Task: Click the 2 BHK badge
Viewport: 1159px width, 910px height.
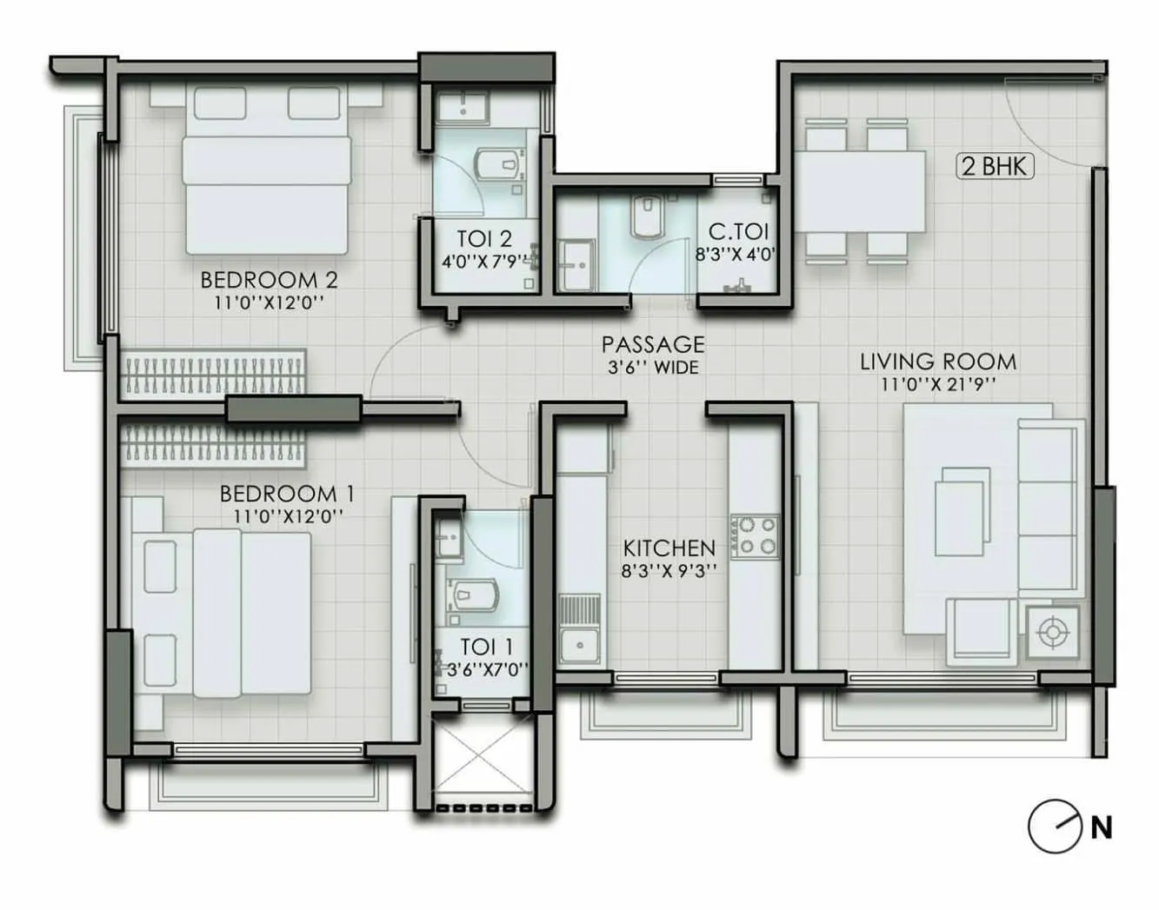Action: pyautogui.click(x=996, y=165)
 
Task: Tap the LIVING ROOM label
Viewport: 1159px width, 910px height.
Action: pyautogui.click(x=938, y=362)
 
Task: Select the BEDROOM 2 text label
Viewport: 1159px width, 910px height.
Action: pyautogui.click(x=269, y=280)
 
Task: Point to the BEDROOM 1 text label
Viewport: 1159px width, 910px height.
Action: pyautogui.click(x=287, y=494)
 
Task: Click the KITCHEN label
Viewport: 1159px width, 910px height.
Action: pyautogui.click(x=669, y=548)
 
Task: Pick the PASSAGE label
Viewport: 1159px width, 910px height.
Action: pyautogui.click(x=653, y=345)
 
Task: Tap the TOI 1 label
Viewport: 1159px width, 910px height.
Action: pyautogui.click(x=487, y=647)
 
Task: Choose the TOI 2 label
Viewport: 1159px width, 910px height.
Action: pyautogui.click(x=484, y=238)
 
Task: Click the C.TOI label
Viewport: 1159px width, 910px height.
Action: pyautogui.click(x=739, y=232)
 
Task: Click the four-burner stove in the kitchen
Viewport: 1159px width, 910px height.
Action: pyautogui.click(x=756, y=536)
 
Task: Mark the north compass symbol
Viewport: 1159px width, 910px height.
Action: pyautogui.click(x=1054, y=827)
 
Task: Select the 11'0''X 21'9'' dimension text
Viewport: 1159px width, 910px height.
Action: pyautogui.click(x=938, y=384)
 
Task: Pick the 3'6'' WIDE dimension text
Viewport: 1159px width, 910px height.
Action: pyautogui.click(x=653, y=367)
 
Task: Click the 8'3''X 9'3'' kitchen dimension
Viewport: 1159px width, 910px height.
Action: pyautogui.click(x=669, y=571)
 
